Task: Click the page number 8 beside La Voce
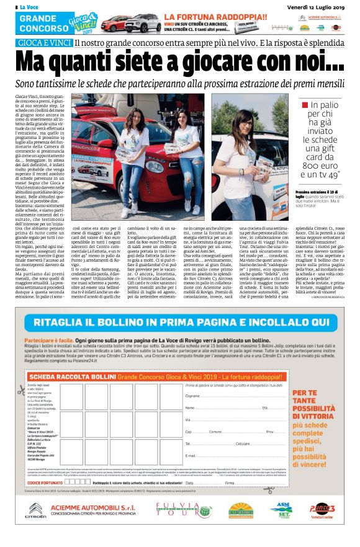pos(8,6)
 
